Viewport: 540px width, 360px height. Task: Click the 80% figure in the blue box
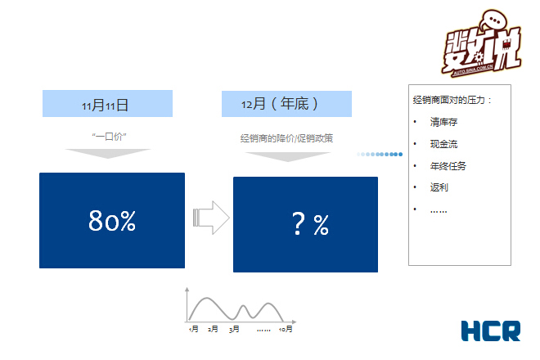(112, 221)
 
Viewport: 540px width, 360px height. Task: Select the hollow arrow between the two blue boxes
(211, 218)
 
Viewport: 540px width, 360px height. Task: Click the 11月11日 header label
(106, 105)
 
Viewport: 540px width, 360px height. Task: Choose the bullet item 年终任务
(448, 166)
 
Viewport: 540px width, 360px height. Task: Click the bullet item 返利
(439, 187)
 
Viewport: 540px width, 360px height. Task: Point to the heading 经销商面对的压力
(452, 100)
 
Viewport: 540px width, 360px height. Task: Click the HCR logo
(490, 331)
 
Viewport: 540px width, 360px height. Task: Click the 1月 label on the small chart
(193, 329)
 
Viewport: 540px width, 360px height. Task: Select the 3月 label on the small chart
(234, 329)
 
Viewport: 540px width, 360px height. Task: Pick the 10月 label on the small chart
(286, 329)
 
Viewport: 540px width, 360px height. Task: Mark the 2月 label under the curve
(213, 329)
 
